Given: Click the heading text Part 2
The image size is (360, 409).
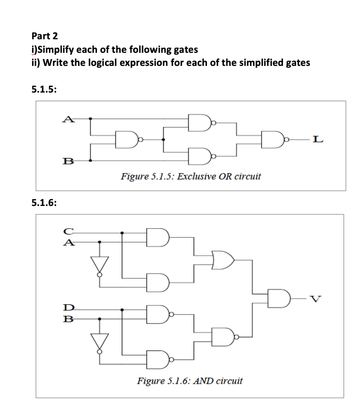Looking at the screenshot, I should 44,36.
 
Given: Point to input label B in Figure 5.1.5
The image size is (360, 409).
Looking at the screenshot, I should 69,160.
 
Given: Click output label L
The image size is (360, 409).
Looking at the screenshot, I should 316,140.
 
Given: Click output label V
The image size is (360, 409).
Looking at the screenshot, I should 315,297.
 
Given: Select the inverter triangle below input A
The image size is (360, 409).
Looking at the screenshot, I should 100,264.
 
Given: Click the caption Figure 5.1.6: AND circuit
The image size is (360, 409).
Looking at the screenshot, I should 190,380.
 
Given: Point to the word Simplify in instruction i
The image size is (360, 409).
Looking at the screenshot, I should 56,49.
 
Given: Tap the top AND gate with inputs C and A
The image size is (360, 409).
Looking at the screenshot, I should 159,237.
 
